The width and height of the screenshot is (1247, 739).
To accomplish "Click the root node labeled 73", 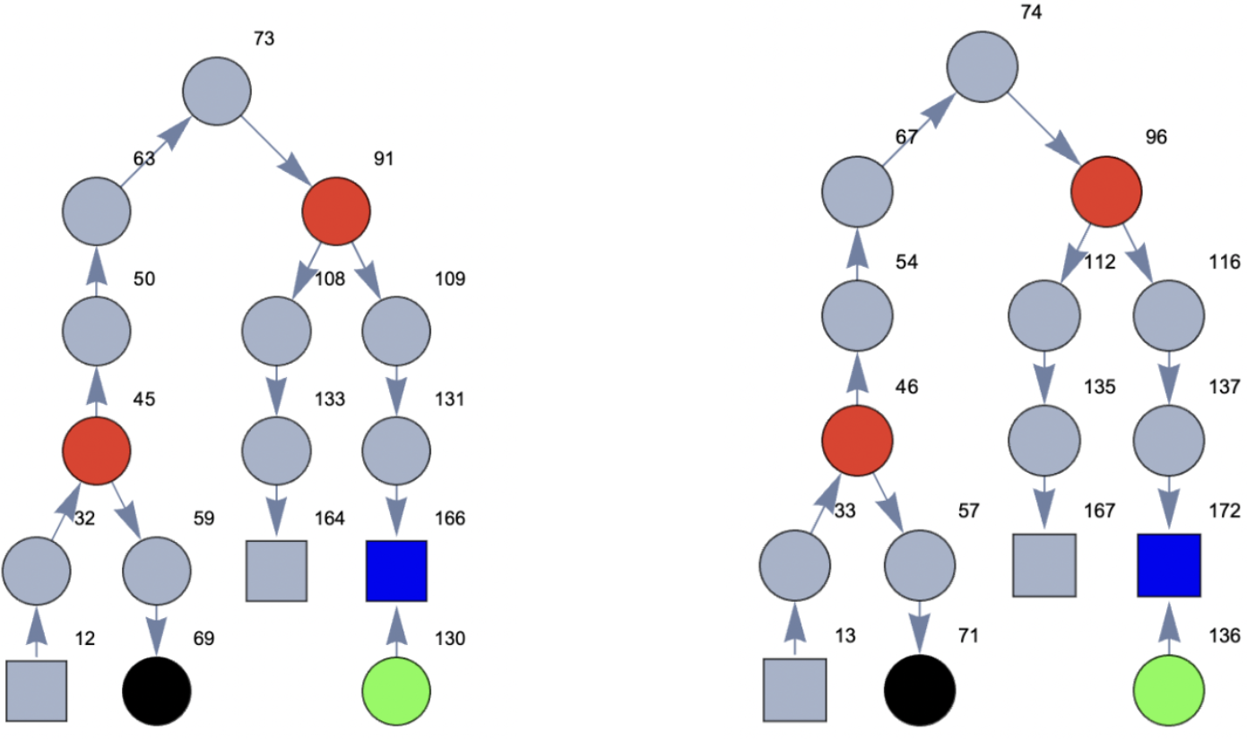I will [217, 91].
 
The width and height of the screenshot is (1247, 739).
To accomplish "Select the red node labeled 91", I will [336, 211].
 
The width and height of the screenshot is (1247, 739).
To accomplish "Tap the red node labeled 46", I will [858, 440].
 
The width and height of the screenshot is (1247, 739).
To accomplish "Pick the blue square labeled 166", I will [396, 571].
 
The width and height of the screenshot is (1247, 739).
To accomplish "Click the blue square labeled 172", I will [1169, 565].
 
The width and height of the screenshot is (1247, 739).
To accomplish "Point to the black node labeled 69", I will [157, 691].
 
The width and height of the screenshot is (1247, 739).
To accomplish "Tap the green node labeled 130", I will [396, 691].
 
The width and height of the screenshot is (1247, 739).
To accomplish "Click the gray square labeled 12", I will [37, 691].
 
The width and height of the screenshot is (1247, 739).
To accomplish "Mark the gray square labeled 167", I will [1044, 565].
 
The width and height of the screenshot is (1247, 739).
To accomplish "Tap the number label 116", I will [1223, 262].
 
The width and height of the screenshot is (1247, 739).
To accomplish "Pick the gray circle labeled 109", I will [396, 330].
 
